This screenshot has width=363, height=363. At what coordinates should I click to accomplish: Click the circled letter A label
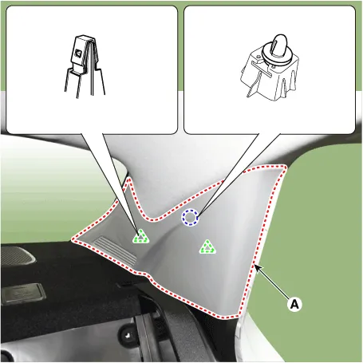294,304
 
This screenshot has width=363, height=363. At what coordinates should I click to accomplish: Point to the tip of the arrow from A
254,265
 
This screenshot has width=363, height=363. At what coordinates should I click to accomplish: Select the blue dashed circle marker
190,217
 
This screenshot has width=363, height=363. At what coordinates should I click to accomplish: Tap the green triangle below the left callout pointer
140,236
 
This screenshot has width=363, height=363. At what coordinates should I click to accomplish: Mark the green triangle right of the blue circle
207,247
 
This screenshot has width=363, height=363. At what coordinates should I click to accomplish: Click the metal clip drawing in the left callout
85,65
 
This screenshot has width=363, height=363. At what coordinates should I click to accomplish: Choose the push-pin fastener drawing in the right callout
269,68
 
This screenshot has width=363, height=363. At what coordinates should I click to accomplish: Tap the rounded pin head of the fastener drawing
279,43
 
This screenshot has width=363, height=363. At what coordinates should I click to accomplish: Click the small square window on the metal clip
78,53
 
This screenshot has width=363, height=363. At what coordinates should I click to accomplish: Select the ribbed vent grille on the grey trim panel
116,250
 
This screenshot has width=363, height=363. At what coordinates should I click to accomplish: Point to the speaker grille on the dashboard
17,255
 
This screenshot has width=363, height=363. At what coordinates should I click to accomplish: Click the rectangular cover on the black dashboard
23,294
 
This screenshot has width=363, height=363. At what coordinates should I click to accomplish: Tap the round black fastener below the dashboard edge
127,334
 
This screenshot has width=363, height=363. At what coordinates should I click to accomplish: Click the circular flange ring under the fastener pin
277,55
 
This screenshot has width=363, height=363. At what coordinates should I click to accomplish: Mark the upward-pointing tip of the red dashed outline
129,180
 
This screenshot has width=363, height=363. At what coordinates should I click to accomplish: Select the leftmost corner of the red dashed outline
73,240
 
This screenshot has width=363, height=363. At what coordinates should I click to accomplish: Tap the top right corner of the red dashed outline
285,167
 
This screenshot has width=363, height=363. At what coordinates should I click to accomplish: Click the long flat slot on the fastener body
262,69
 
